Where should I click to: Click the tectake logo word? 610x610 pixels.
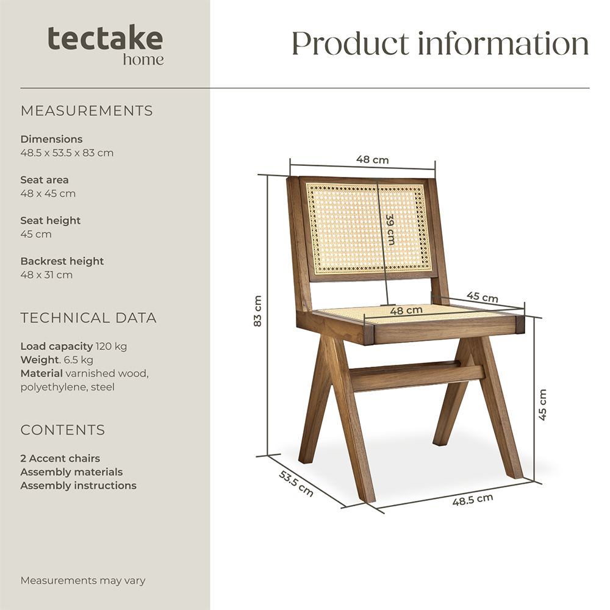pos(105,38)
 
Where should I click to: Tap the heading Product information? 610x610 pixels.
pos(440,43)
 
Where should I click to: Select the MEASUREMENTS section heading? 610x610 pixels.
pos(87,111)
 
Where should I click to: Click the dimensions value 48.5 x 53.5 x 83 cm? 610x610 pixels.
pos(67,153)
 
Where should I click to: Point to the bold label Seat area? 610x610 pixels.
pos(45,180)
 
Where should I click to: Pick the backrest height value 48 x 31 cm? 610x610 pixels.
pos(46,274)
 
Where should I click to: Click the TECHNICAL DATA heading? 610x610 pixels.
pos(88,318)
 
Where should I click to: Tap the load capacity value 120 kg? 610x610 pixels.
pos(111,346)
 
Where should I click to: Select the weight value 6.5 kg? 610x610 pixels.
pos(79,360)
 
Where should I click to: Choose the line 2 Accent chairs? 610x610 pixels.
pos(60,458)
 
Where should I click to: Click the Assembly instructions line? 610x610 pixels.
pos(78,486)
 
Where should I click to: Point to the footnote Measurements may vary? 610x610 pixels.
pos(83,581)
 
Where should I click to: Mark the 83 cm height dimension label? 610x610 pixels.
pos(257,311)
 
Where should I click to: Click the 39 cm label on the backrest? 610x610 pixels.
pos(390,229)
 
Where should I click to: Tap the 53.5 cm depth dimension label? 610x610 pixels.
pos(296,484)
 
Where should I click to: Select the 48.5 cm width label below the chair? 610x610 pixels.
pos(473,500)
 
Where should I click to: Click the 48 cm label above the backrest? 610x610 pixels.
pos(372,160)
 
